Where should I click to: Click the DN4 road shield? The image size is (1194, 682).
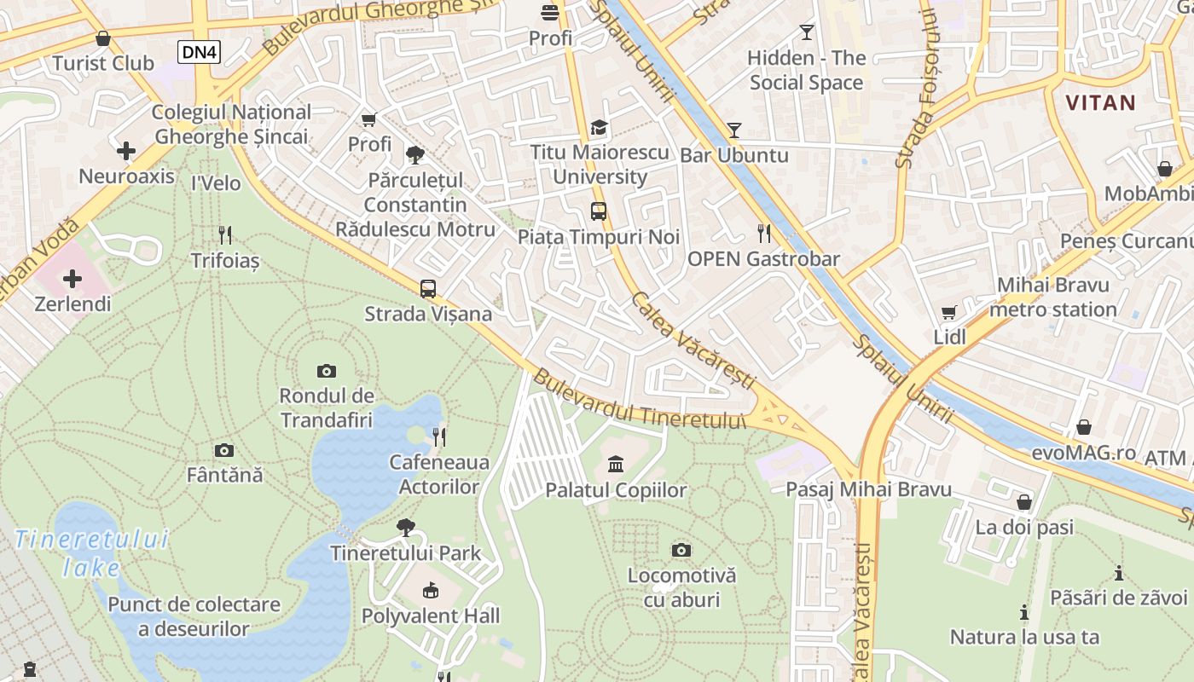(x=200, y=52)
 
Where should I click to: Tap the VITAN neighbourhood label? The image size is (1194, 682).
(x=1100, y=103)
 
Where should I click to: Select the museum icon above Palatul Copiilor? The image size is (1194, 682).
(x=616, y=464)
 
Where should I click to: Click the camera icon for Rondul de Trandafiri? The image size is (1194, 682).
(x=327, y=371)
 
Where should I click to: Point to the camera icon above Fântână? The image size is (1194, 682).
(x=224, y=450)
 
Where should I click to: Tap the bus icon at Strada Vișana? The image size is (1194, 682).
(x=428, y=288)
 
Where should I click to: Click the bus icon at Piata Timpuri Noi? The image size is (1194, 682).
(x=599, y=211)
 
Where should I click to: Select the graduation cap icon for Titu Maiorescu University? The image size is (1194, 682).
(x=600, y=128)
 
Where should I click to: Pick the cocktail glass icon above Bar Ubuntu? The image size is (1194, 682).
(x=733, y=130)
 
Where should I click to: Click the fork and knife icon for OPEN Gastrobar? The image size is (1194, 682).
(x=764, y=233)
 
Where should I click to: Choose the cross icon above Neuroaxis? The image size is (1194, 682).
(x=126, y=152)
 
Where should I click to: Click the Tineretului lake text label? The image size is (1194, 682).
(x=91, y=553)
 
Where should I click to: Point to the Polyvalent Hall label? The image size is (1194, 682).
(x=431, y=616)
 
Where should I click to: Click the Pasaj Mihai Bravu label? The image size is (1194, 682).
(x=868, y=489)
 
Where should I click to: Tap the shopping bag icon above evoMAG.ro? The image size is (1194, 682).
(x=1083, y=426)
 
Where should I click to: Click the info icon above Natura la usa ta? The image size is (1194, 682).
(x=1023, y=612)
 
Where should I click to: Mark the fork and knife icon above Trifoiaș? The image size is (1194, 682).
(x=225, y=234)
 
